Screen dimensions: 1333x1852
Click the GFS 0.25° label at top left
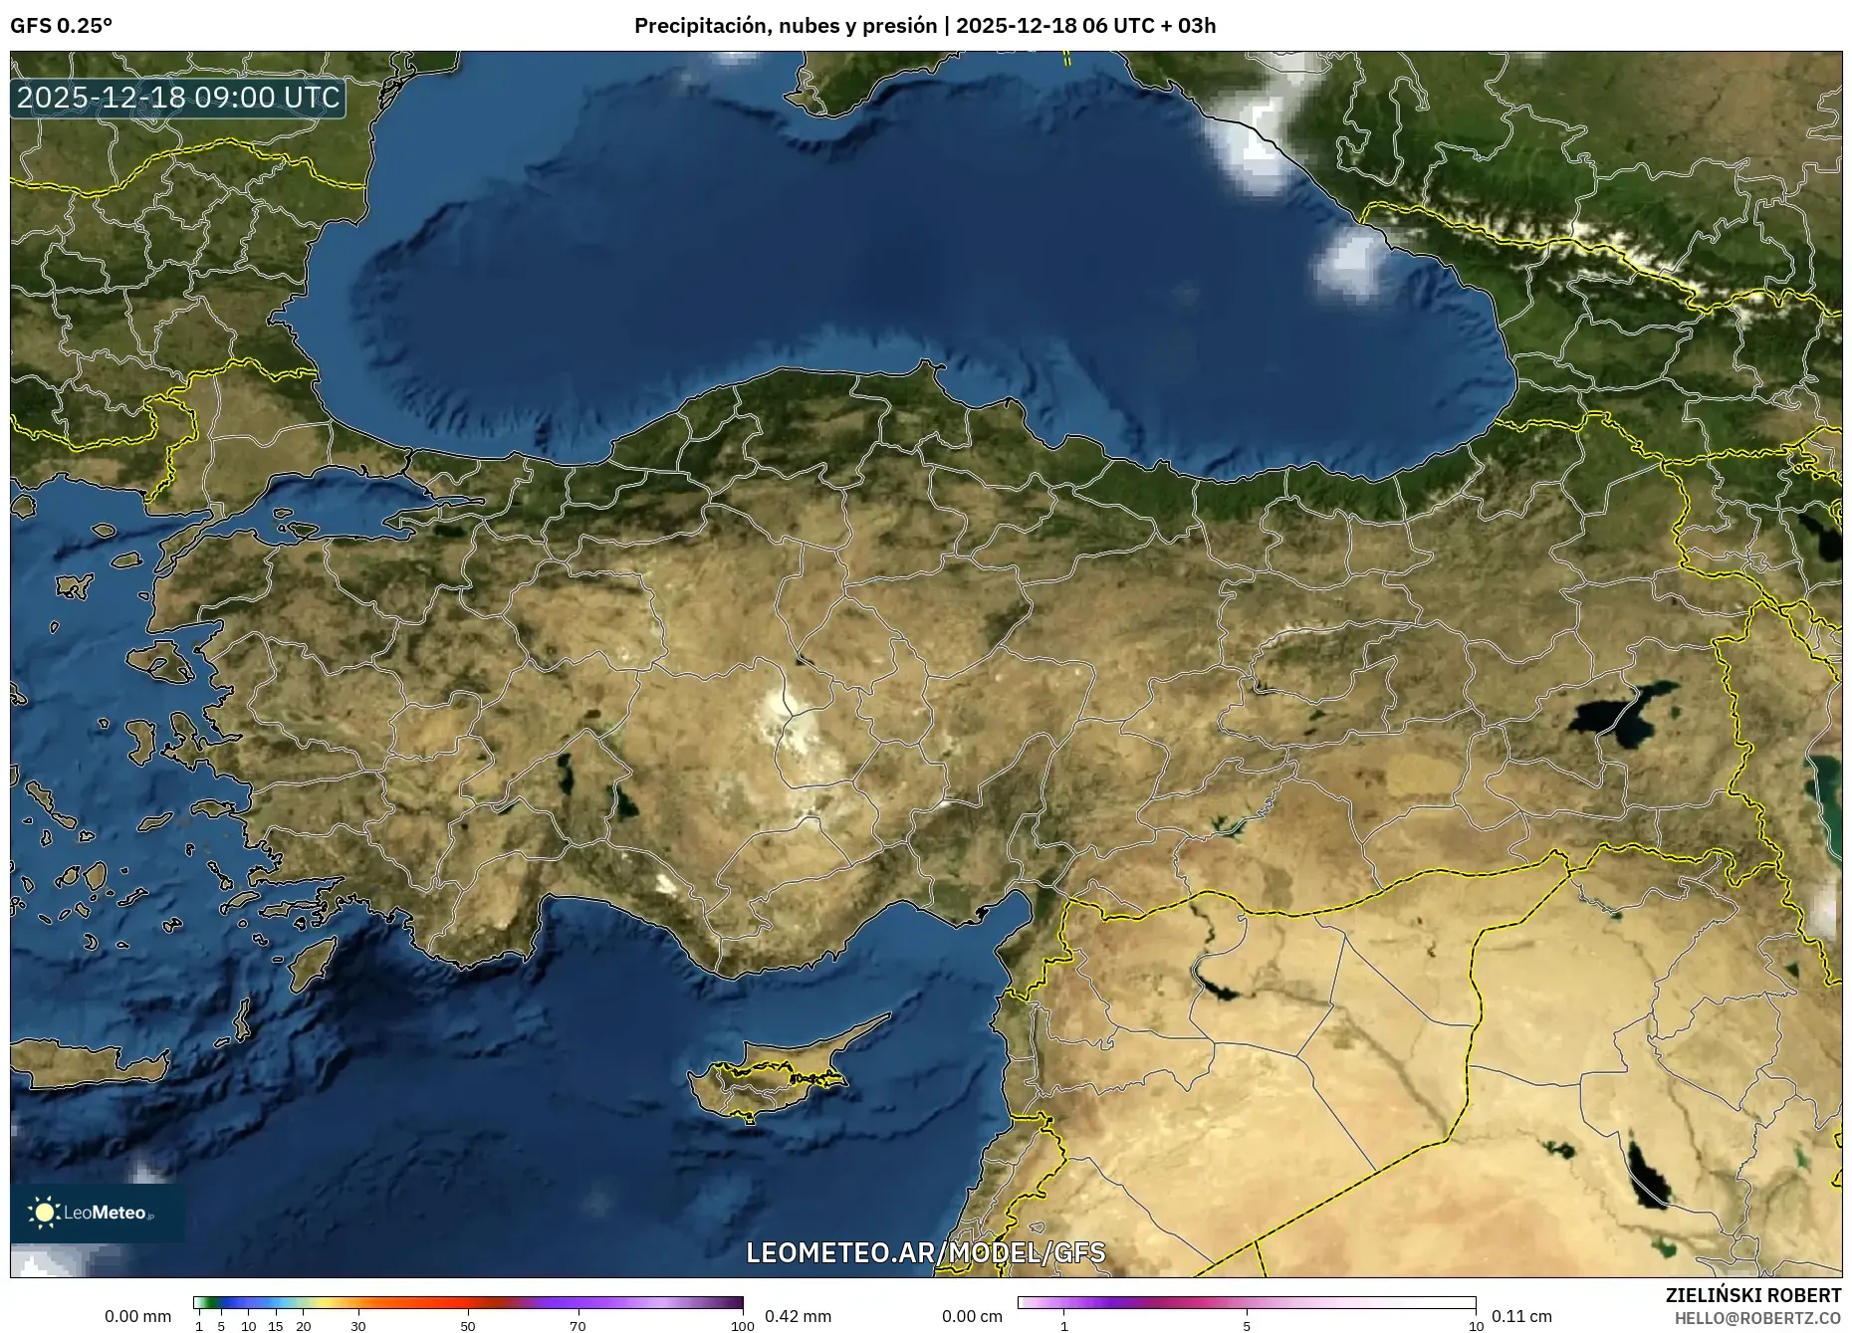click(x=61, y=26)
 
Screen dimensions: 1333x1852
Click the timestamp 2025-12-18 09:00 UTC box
click(x=178, y=98)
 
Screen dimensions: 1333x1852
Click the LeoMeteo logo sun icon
click(x=44, y=1213)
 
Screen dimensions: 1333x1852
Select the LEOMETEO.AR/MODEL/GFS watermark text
click(x=925, y=1252)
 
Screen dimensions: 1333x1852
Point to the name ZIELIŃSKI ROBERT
click(x=1752, y=1295)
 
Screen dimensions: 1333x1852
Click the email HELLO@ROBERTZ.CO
click(x=1756, y=1318)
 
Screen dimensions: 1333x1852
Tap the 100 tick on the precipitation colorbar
click(x=743, y=1326)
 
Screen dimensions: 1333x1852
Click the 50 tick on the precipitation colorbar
click(x=468, y=1326)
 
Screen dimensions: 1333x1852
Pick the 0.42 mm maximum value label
click(x=798, y=1316)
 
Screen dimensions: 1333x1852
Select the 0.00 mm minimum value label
click(x=137, y=1316)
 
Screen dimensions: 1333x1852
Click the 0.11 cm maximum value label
click(x=1521, y=1316)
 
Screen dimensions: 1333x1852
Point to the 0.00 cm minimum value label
click(x=972, y=1316)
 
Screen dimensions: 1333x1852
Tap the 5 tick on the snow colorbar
click(x=1247, y=1326)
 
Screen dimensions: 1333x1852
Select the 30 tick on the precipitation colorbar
click(x=358, y=1326)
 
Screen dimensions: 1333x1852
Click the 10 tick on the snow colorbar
click(x=1476, y=1326)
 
